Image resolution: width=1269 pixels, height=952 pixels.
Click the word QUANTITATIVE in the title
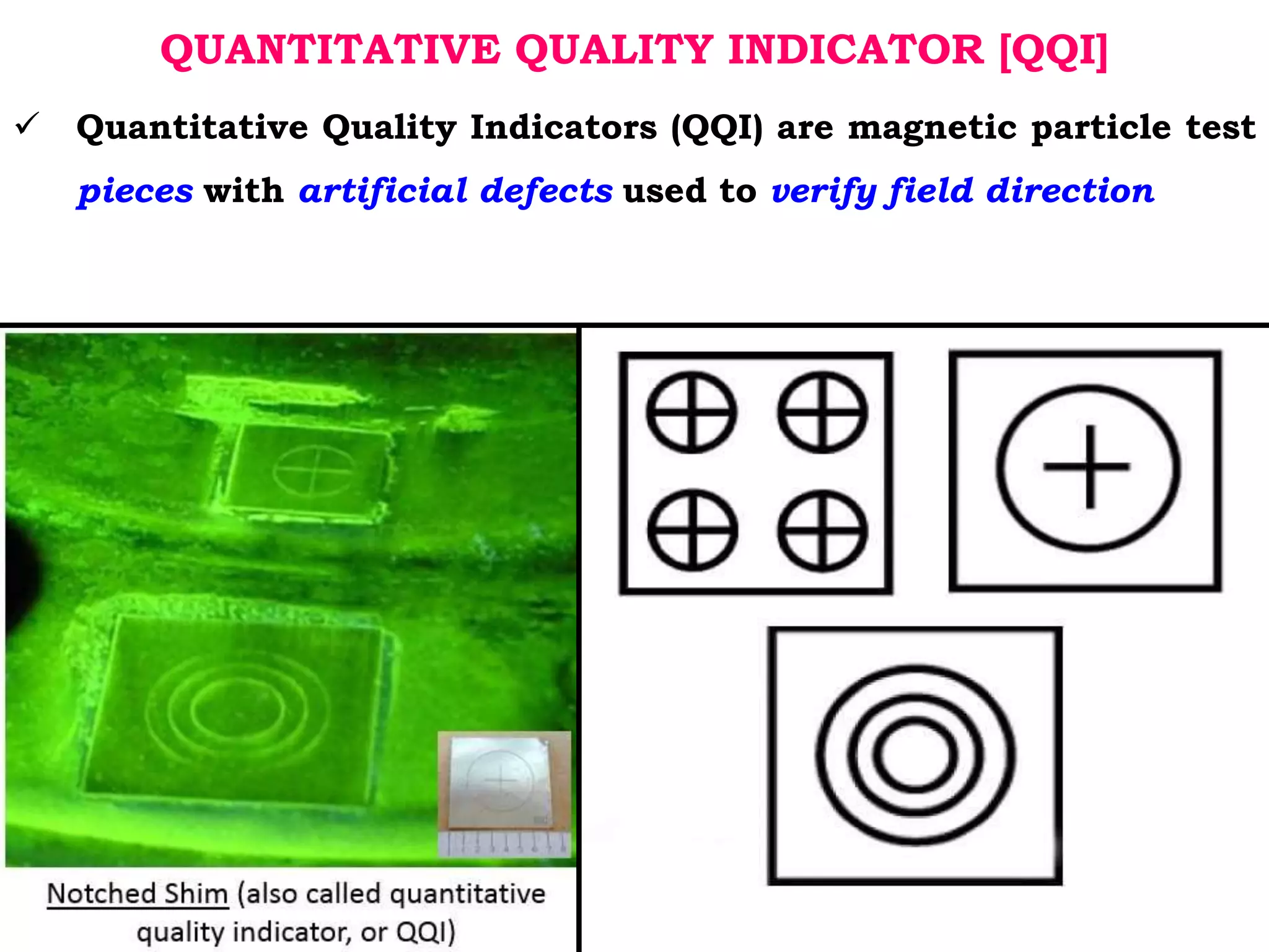coord(330,50)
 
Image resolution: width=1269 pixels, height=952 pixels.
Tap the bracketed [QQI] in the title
coord(1053,50)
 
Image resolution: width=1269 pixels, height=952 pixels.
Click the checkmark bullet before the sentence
coord(27,123)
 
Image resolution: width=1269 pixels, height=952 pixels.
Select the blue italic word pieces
coord(135,190)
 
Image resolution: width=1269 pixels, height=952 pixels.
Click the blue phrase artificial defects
coord(456,190)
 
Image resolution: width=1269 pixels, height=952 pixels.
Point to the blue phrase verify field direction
coord(962,190)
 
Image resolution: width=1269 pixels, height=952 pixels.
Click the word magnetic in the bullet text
coord(932,127)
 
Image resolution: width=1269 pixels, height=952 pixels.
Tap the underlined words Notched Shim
coord(138,894)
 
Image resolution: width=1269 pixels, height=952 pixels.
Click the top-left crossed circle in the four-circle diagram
coord(692,412)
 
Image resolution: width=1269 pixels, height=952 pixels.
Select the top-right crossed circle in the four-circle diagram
coord(822,412)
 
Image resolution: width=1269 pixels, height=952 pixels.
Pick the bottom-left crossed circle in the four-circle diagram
coord(692,531)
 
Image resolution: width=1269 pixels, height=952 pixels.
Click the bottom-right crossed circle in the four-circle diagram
coord(822,531)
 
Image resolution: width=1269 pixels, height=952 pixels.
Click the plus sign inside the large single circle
coord(1088,466)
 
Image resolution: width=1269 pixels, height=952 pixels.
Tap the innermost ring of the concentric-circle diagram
coord(915,755)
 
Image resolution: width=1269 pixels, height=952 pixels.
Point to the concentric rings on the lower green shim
coord(239,707)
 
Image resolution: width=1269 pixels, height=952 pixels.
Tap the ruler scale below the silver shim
coord(503,844)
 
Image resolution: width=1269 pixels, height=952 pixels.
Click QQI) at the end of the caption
coord(425,932)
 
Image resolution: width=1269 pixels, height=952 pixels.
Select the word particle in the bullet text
coord(1101,127)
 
